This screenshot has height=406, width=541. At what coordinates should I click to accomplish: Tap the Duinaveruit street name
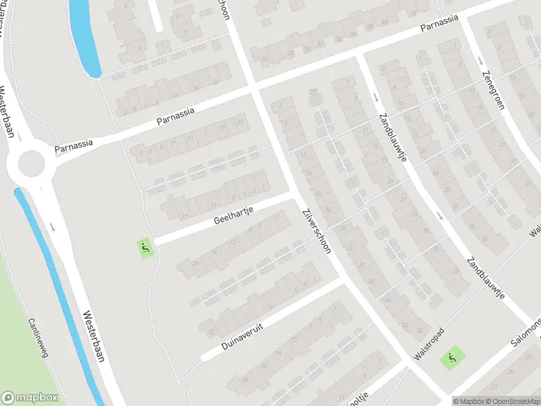(x=241, y=336)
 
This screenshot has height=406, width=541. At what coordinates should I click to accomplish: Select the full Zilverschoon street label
(x=316, y=229)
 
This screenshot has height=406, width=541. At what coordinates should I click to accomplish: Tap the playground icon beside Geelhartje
(x=145, y=248)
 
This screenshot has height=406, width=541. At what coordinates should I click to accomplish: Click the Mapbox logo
(x=28, y=397)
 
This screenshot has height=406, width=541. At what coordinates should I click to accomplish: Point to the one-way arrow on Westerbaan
(x=52, y=226)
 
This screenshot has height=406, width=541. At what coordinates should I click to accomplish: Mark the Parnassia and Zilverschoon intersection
(x=252, y=89)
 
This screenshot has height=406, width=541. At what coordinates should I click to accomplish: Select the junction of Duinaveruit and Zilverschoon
(x=342, y=281)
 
